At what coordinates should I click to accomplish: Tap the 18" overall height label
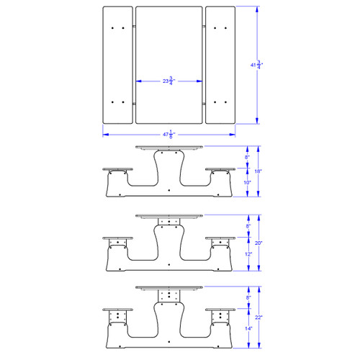(258, 171)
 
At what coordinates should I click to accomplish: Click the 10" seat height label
(247, 183)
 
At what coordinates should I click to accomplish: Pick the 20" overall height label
(258, 243)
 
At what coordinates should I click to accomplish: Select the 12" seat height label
(247, 254)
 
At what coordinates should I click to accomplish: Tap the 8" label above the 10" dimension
(247, 157)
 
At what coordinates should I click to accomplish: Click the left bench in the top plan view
(117, 66)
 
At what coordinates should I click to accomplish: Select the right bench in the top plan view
(220, 66)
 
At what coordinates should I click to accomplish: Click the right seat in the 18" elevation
(220, 170)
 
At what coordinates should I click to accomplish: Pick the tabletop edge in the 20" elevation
(169, 216)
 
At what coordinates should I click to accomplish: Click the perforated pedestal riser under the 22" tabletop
(169, 296)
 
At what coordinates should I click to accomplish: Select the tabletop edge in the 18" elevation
(169, 148)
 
